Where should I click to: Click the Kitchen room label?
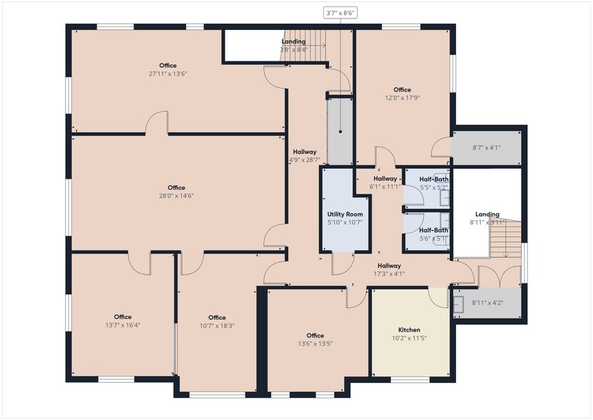pos(409,330)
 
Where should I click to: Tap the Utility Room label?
pos(345,214)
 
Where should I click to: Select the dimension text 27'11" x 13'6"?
pos(168,74)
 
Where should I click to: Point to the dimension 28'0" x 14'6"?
pos(176,196)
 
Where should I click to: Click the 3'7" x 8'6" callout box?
pos(340,14)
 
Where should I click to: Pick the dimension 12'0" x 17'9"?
pos(402,98)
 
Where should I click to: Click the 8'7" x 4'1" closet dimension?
pos(487,148)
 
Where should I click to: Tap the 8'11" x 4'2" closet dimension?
pos(487,303)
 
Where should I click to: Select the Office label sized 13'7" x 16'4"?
pos(123,317)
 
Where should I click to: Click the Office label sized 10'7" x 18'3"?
pos(217,318)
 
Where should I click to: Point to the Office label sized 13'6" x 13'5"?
pos(315,336)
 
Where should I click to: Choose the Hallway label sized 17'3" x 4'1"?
pos(389,266)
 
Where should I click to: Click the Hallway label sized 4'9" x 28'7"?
pos(305,152)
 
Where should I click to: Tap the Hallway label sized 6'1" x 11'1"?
pos(385,179)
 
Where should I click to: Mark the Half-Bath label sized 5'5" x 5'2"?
pos(434,179)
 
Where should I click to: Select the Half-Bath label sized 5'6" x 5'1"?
pos(433,230)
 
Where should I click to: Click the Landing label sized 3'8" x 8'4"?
pos(293,41)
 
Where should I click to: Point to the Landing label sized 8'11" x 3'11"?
pos(487,214)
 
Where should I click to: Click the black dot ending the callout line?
pos(340,132)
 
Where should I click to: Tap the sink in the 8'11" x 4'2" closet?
pos(458,304)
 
